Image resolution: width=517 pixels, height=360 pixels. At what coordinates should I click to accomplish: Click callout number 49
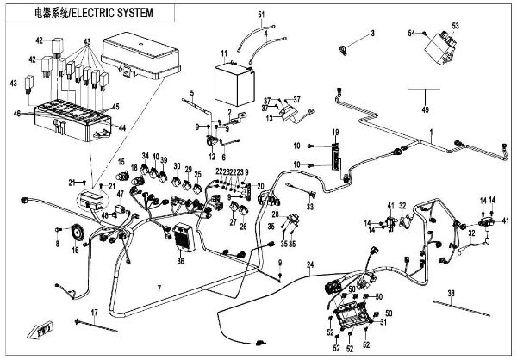425,110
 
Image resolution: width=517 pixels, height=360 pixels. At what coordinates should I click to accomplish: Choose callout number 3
373,33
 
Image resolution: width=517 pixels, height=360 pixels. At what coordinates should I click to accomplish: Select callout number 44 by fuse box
121,127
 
